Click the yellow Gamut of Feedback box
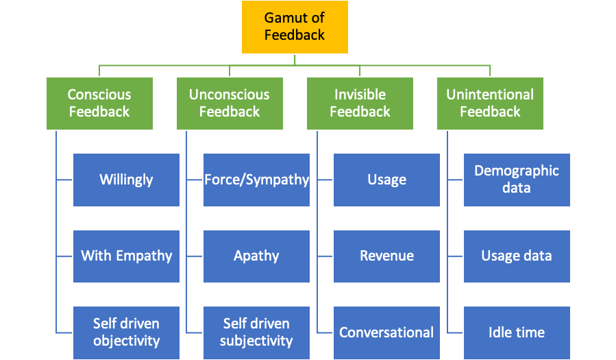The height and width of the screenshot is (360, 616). coord(295,27)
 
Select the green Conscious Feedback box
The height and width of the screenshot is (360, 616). coord(99,104)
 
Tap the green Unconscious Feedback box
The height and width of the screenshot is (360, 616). coord(230,104)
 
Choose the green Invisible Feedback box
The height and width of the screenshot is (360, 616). coord(360,104)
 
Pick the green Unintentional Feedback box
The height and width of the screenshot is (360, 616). coord(490,104)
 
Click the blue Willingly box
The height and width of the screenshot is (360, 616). coord(126,180)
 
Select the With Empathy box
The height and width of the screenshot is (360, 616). coord(126,256)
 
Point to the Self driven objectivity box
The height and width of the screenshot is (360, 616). coord(126,333)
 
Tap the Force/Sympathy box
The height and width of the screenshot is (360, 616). coord(256,180)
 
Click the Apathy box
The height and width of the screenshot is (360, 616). coord(256,256)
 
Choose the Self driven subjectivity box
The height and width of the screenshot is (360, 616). coord(256,333)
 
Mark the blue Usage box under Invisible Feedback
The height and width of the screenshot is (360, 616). coord(386,180)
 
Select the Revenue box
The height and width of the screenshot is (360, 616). coord(386,256)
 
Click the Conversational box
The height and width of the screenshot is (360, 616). coord(386,333)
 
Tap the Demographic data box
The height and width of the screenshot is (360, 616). coord(517,180)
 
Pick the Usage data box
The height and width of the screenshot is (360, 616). coord(517,256)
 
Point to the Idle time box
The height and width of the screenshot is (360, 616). coord(517,333)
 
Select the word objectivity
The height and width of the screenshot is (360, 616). coord(126,341)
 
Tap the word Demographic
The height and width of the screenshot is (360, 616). coord(517,171)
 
